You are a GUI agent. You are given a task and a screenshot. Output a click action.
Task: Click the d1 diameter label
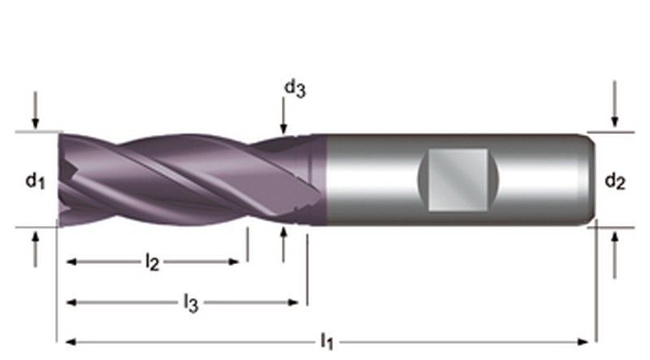(x=33, y=181)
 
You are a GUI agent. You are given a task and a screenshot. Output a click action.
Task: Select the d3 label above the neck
(x=294, y=89)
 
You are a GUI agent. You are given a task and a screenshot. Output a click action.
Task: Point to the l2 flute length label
(x=152, y=262)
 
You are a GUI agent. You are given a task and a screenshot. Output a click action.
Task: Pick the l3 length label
(x=190, y=303)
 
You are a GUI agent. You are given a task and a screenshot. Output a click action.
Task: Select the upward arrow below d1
(x=35, y=248)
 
